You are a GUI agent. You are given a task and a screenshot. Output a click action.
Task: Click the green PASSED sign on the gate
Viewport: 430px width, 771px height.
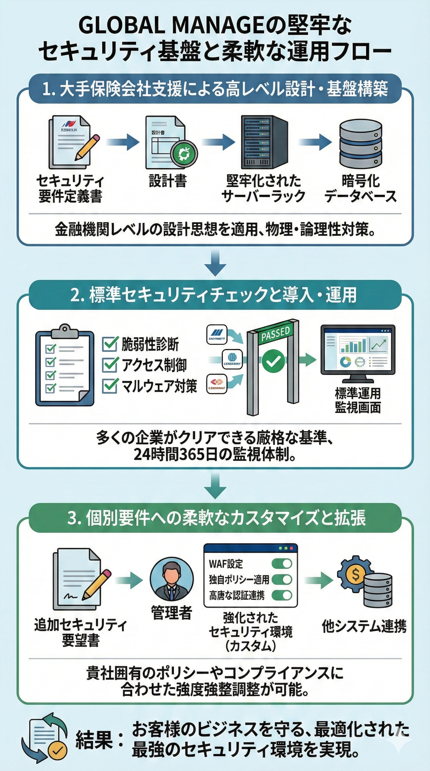[x=275, y=335]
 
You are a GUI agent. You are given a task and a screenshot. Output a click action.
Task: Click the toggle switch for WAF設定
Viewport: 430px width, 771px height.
[x=282, y=564]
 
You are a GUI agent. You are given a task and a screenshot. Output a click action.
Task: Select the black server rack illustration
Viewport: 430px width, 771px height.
[x=264, y=142]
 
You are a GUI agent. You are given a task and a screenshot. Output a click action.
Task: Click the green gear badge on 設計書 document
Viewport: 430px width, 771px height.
[x=184, y=154]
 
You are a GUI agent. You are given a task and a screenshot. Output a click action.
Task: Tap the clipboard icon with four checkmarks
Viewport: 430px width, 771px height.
[x=64, y=365]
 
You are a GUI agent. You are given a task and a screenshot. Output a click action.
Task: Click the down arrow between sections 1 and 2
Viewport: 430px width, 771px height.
[x=215, y=262]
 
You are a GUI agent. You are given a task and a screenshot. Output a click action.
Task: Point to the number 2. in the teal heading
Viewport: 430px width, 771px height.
[x=77, y=295]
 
